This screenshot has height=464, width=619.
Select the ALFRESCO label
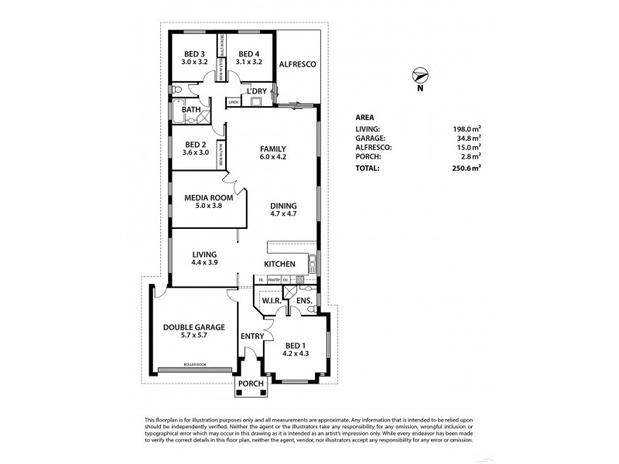(x=298, y=67)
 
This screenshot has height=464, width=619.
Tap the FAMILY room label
(x=273, y=149)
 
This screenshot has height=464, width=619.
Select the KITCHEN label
(x=279, y=264)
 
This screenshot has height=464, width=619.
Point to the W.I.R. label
(x=270, y=300)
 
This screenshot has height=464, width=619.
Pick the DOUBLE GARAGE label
(x=194, y=327)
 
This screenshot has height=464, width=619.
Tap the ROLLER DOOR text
(x=194, y=363)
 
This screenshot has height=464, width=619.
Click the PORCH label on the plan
(x=251, y=384)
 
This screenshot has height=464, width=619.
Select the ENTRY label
(x=252, y=336)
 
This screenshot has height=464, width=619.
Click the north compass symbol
(x=419, y=76)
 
